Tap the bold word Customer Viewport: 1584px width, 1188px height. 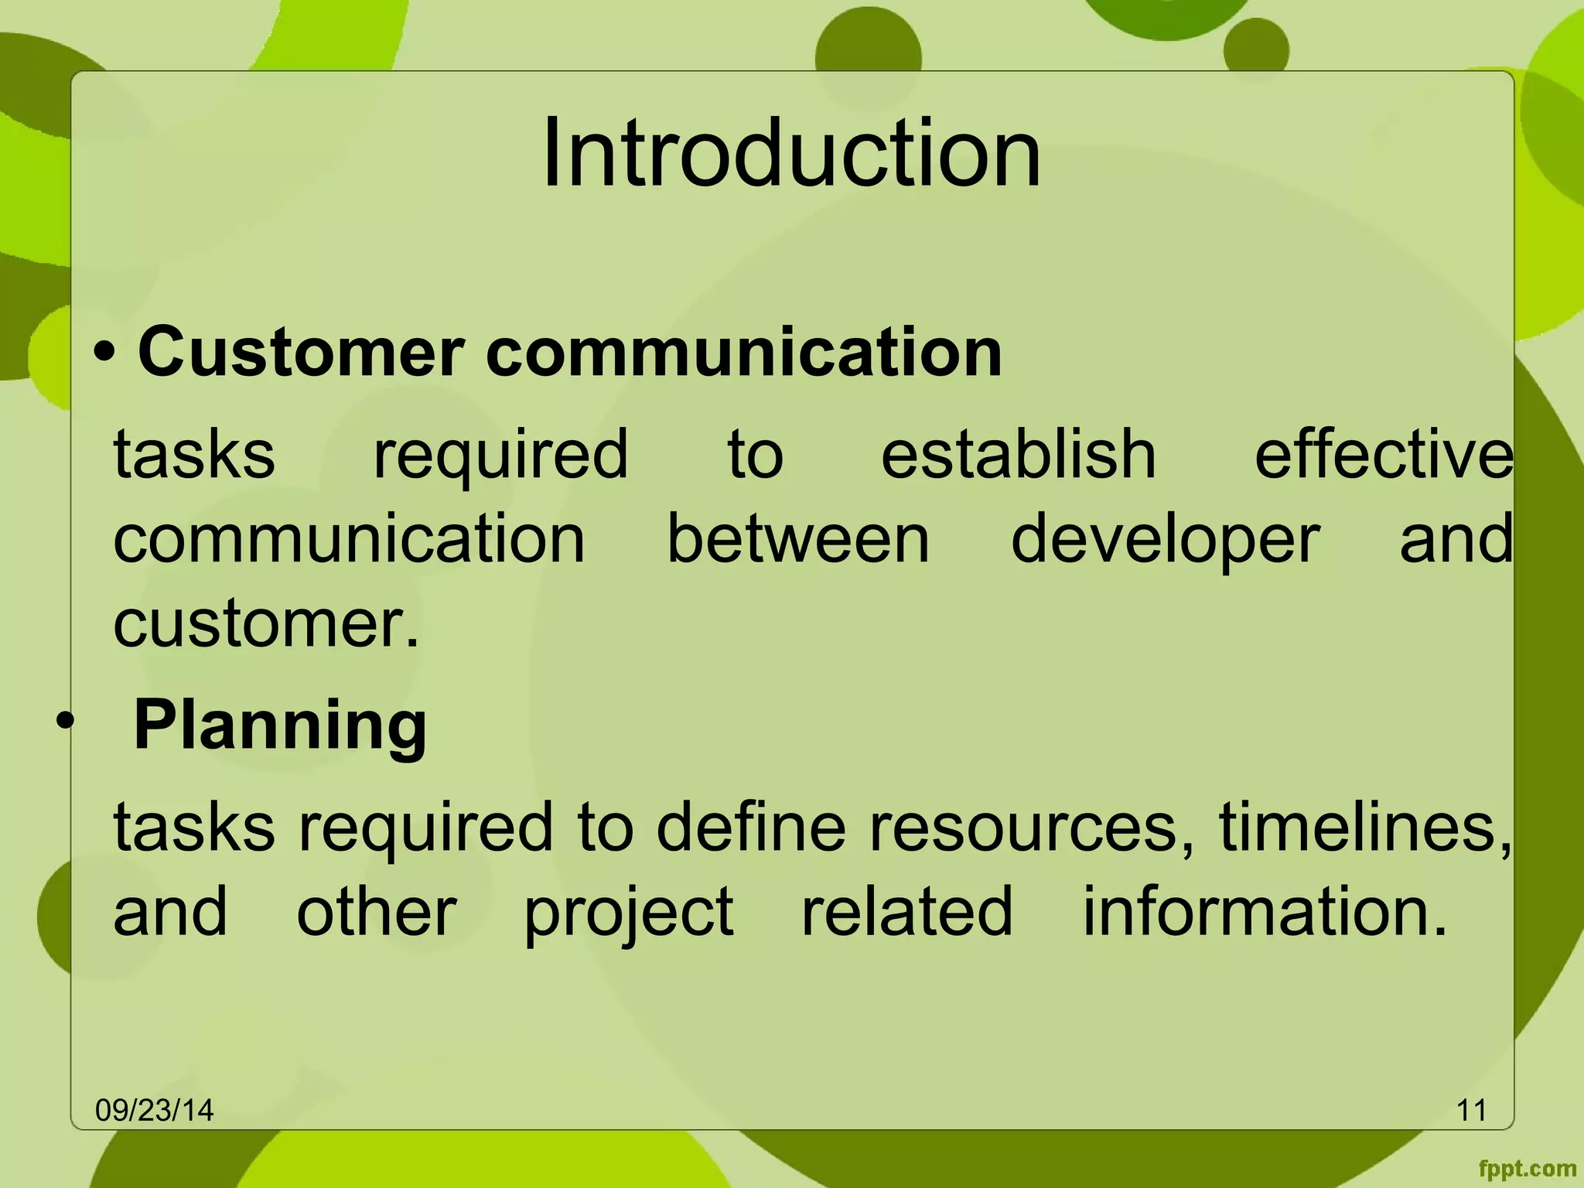click(301, 353)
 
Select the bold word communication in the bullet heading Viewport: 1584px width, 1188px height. click(743, 353)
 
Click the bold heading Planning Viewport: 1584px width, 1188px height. click(280, 725)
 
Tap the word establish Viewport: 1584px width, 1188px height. click(1018, 455)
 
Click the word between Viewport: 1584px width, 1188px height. click(797, 539)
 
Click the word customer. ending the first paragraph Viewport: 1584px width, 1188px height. click(266, 623)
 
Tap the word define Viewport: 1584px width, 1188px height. click(750, 827)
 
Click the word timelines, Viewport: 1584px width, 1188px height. click(1364, 827)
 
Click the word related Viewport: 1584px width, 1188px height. click(906, 912)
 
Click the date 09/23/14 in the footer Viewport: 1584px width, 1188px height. click(154, 1111)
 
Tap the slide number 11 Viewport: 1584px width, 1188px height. click(1471, 1111)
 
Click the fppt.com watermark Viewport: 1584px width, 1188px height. click(1527, 1169)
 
